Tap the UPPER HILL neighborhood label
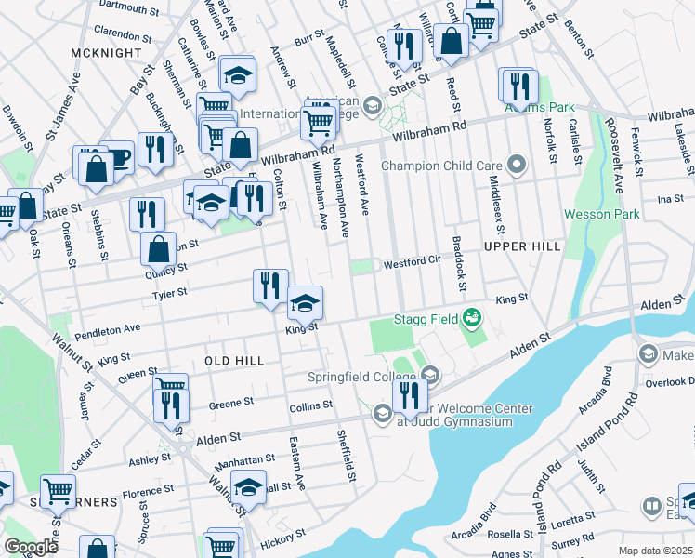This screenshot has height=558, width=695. (521, 246)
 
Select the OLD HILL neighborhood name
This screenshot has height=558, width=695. (234, 360)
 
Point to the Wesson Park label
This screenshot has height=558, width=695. (600, 214)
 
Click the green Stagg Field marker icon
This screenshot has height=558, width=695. (473, 318)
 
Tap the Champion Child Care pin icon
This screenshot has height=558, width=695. (518, 166)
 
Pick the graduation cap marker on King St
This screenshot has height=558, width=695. (305, 302)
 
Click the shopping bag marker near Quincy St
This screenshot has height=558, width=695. (159, 248)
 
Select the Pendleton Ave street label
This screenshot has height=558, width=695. (108, 329)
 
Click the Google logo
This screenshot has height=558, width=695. (31, 547)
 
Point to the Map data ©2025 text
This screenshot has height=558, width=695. (655, 551)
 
